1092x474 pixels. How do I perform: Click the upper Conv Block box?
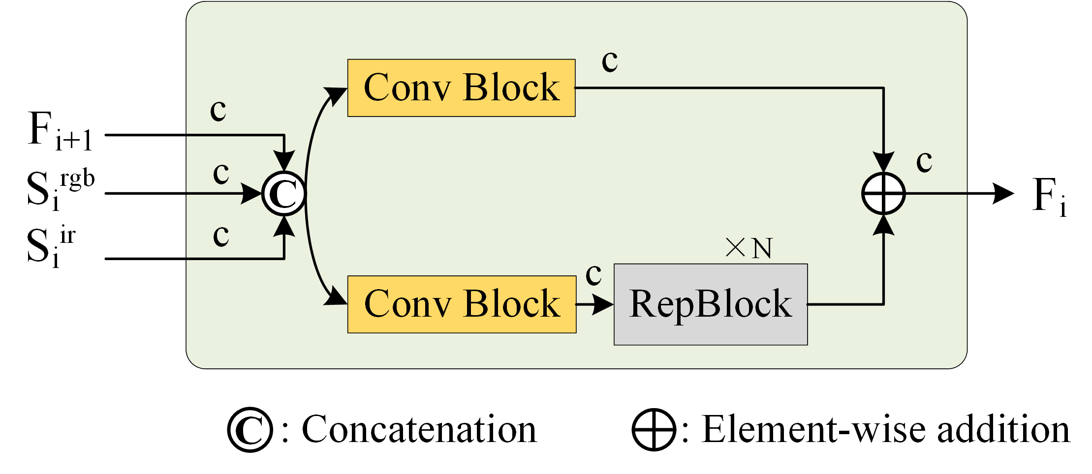coord(461,88)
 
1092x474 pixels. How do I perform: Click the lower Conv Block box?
coord(462,304)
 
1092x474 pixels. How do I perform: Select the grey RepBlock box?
coord(710,304)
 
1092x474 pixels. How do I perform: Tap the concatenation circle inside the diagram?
coord(284,194)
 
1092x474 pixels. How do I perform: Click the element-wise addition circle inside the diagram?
coord(883,194)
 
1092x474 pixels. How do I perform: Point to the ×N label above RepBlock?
coord(749,248)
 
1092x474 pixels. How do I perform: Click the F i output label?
coord(1049,196)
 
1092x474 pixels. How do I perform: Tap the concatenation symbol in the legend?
coord(250,430)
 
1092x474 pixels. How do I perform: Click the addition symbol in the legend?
coord(654,430)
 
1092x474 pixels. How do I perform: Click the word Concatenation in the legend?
coord(419,430)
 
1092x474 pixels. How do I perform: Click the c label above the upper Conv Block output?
coord(610,61)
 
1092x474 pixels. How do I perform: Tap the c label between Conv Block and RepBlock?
coord(593,274)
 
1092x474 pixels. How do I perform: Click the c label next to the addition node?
coord(924,161)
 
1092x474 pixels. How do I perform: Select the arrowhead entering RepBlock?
coord(603,304)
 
